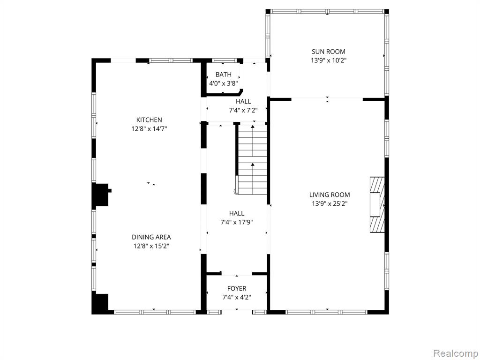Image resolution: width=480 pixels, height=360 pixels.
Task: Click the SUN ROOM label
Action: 328,52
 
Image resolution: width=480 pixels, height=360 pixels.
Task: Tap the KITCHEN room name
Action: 149,120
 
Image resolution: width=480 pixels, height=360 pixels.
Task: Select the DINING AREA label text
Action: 151,237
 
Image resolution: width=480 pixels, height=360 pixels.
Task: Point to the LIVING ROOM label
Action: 330,195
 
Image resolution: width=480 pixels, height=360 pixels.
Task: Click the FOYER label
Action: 237,288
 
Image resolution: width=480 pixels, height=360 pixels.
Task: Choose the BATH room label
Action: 224,75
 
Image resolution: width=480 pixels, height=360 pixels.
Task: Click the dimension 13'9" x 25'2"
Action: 330,203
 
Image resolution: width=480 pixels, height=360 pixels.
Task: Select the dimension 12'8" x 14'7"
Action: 149,129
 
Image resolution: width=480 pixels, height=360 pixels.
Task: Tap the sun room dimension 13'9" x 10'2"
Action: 329,60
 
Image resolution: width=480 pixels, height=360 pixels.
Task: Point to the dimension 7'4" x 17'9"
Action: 237,222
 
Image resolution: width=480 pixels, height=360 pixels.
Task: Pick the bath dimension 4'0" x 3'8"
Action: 224,83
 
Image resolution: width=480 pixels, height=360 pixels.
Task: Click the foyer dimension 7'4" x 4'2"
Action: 237,297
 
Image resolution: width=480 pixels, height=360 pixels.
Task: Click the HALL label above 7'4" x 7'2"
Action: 243,101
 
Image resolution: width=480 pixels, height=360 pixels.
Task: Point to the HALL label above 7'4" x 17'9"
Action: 237,213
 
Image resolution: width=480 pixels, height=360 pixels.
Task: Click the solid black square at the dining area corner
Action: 100,304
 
